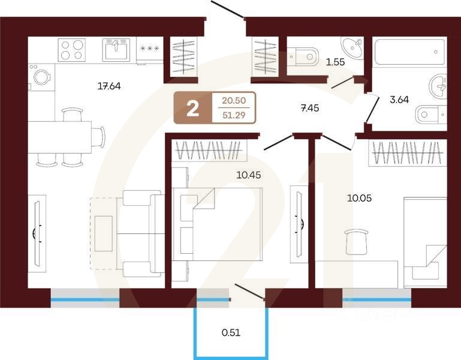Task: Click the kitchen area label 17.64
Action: click(109, 86)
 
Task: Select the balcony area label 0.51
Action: click(231, 332)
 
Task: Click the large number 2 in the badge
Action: click(192, 108)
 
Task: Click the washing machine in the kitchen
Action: click(41, 78)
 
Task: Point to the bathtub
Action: click(409, 55)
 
